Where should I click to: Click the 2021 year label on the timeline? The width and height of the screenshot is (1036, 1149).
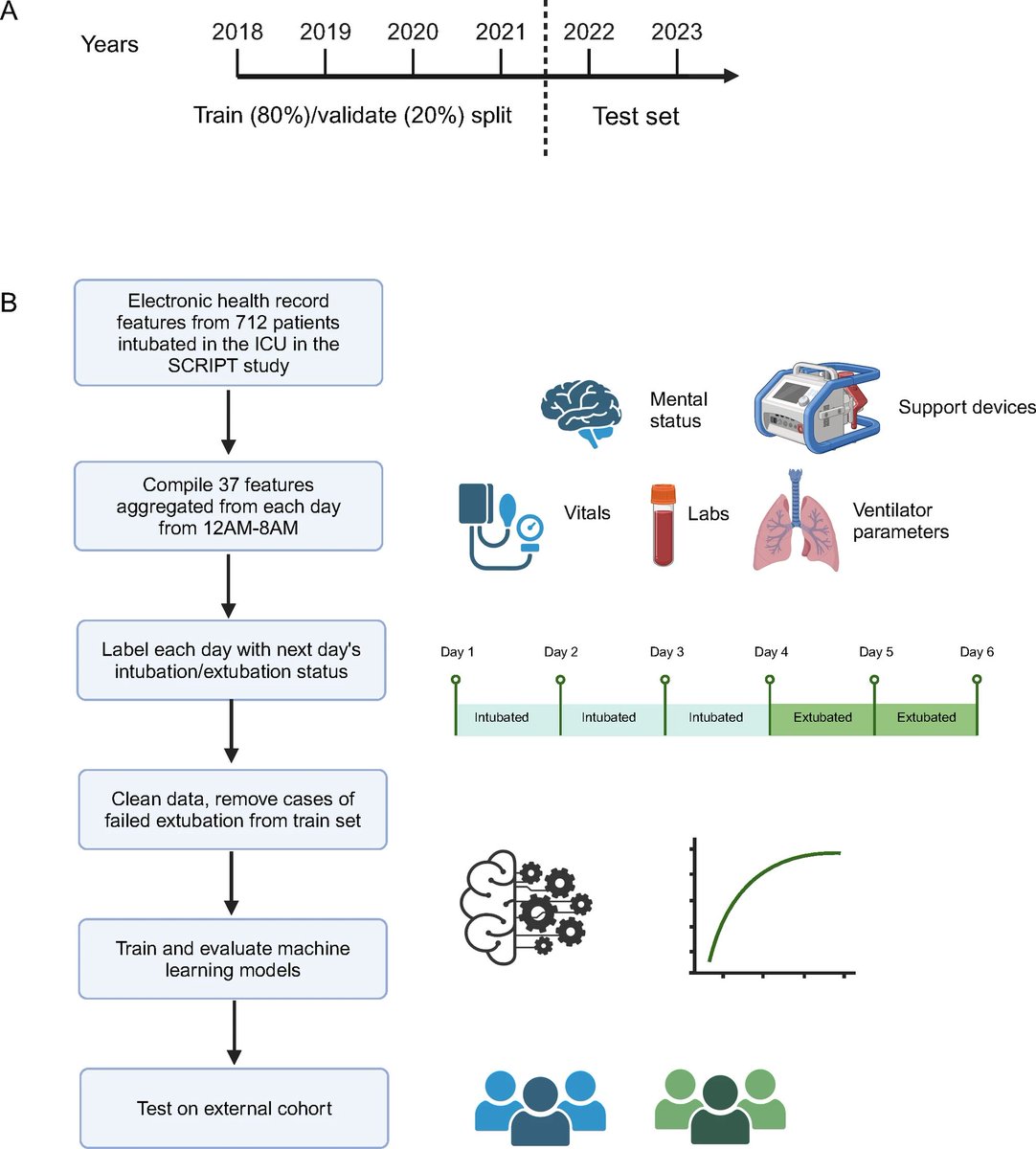point(501,32)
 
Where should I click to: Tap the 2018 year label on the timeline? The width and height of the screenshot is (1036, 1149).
point(237,32)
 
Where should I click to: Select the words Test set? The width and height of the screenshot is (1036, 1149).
point(636,117)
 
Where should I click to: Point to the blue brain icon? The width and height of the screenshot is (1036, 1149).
point(583,411)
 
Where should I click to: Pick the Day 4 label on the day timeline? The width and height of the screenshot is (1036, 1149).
point(771,652)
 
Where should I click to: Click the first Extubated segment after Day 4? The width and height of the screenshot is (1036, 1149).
point(822,717)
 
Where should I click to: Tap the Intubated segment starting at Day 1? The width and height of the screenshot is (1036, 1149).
point(502,717)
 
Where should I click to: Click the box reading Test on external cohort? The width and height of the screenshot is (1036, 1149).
point(234,1109)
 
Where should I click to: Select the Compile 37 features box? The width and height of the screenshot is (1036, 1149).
point(228,506)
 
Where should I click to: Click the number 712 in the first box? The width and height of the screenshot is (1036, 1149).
point(252,322)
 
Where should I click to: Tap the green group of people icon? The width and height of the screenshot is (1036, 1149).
point(719,1106)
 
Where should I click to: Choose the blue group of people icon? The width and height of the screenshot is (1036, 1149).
point(540,1106)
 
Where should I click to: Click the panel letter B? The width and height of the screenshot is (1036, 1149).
point(9,304)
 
